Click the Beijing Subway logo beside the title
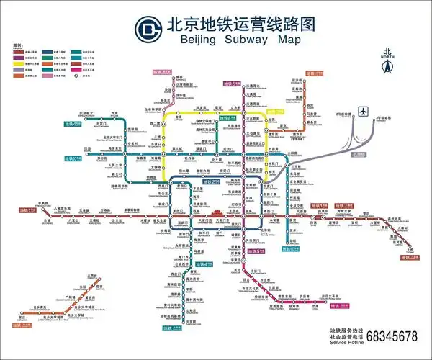(148, 28)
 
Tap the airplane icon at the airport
(364, 113)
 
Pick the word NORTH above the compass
(387, 58)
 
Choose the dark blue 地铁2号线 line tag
(211, 182)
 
